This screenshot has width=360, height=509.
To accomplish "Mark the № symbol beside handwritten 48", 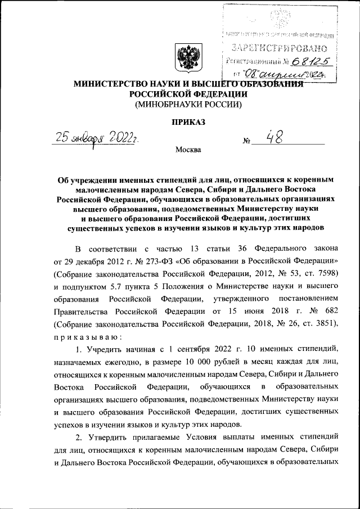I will coord(246,142).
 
